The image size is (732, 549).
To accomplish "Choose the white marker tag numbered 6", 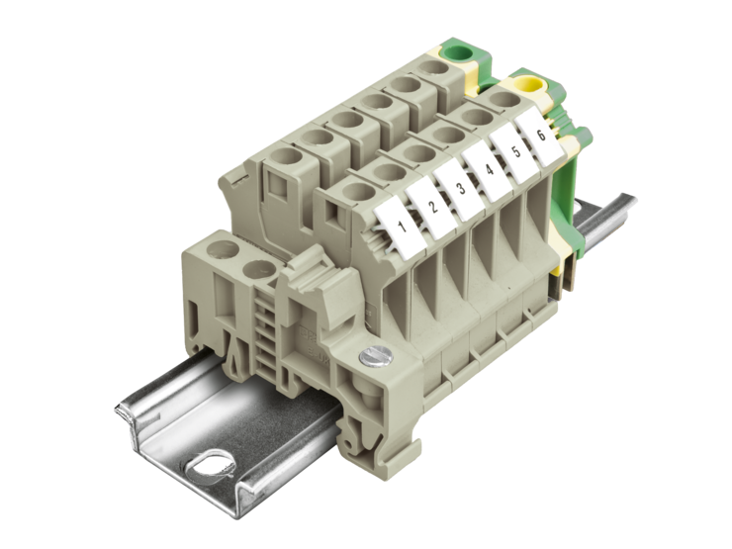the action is click(x=538, y=136).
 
